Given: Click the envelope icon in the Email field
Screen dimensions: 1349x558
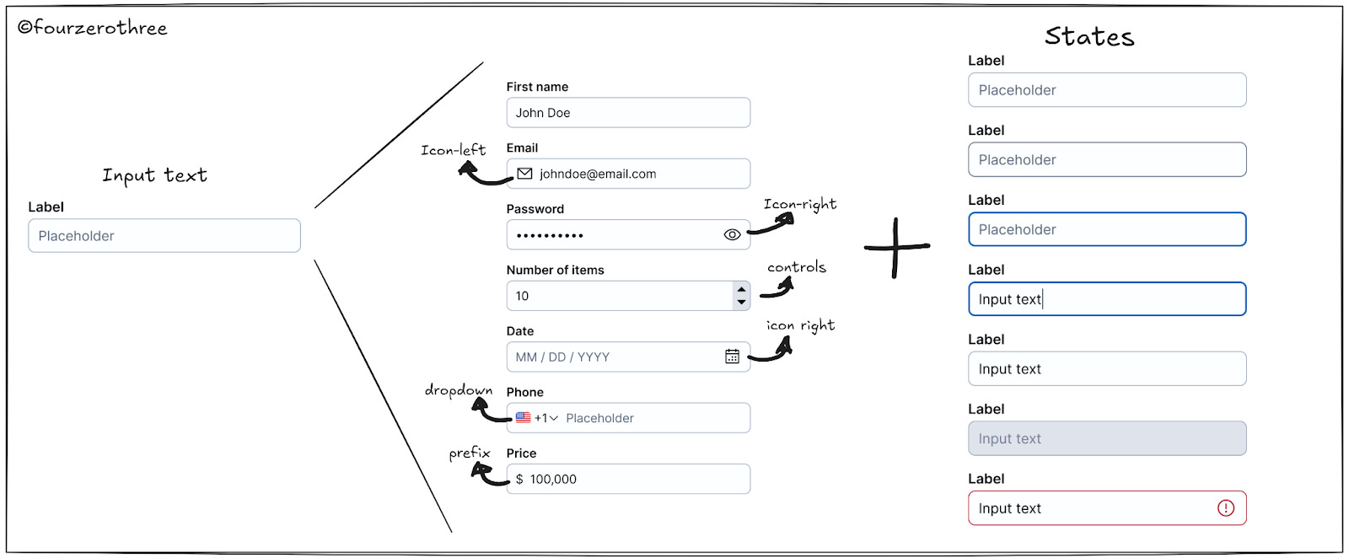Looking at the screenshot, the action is pyautogui.click(x=524, y=174).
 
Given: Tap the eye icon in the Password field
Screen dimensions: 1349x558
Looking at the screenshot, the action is pyautogui.click(x=732, y=235).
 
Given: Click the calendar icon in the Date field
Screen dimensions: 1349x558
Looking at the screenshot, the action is pyautogui.click(x=732, y=357).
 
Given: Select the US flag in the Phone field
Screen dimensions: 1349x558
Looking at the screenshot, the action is pyautogui.click(x=524, y=417).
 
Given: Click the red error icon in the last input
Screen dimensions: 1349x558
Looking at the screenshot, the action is pyautogui.click(x=1226, y=507).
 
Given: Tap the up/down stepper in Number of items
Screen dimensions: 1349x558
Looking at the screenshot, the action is pyautogui.click(x=741, y=296).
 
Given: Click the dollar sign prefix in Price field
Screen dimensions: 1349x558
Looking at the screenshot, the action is pyautogui.click(x=519, y=479).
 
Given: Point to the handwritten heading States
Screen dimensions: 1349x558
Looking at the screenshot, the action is pyautogui.click(x=1089, y=36).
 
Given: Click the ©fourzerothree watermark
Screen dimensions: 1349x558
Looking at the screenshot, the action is pyautogui.click(x=93, y=28).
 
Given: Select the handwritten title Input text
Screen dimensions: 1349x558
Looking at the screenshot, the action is pyautogui.click(x=154, y=175).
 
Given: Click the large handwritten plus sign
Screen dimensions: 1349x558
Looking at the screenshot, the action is pyautogui.click(x=896, y=247).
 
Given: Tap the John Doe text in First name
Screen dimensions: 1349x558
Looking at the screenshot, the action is pyautogui.click(x=543, y=113).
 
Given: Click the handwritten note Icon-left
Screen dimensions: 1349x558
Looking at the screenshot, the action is pyautogui.click(x=453, y=150).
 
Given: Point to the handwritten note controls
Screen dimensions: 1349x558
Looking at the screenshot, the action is pyautogui.click(x=796, y=267).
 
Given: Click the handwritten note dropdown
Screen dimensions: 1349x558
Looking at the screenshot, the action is pyautogui.click(x=458, y=390).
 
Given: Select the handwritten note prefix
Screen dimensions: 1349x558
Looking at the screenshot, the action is pyautogui.click(x=469, y=453).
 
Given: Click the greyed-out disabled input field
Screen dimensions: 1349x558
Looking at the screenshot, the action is pyautogui.click(x=1106, y=438).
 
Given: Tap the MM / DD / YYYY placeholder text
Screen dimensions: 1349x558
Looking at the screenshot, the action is pyautogui.click(x=562, y=357).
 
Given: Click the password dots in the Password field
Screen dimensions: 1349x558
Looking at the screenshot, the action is pyautogui.click(x=550, y=236).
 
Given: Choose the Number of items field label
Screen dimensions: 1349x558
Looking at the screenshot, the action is pyautogui.click(x=555, y=270).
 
